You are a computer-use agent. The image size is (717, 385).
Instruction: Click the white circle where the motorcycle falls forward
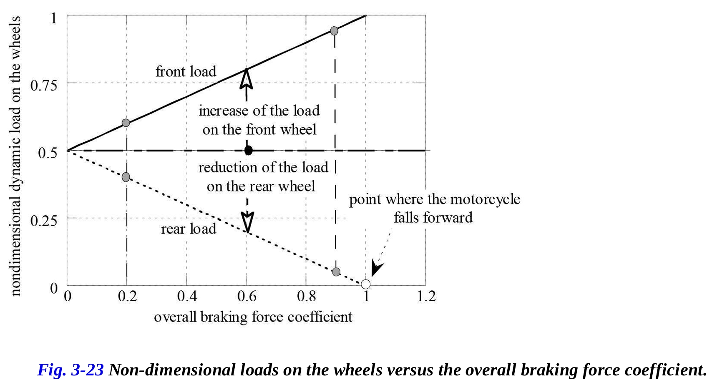pyautogui.click(x=365, y=284)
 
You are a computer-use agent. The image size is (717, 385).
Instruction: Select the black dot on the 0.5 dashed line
pyautogui.click(x=249, y=150)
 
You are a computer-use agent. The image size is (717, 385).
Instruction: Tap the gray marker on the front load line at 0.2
pyautogui.click(x=126, y=123)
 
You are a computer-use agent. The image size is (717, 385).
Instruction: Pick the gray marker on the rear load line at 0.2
pyautogui.click(x=126, y=177)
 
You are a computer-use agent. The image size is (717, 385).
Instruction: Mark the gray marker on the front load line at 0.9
pyautogui.click(x=334, y=31)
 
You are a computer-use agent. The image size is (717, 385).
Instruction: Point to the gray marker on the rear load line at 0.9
pyautogui.click(x=336, y=272)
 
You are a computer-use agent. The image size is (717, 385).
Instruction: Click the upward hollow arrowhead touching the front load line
pyautogui.click(x=247, y=78)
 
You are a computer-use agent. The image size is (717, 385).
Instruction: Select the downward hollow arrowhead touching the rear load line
pyautogui.click(x=248, y=222)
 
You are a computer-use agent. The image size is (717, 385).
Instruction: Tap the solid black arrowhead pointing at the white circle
pyautogui.click(x=376, y=269)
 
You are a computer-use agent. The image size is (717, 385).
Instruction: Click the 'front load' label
pyautogui.click(x=186, y=72)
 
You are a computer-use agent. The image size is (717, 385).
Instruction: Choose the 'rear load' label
pyautogui.click(x=189, y=229)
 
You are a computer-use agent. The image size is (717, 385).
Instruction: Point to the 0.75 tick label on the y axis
pyautogui.click(x=44, y=86)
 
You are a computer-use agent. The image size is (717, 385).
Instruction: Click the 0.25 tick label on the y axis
pyautogui.click(x=44, y=220)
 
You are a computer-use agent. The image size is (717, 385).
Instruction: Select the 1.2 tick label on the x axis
pyautogui.click(x=426, y=297)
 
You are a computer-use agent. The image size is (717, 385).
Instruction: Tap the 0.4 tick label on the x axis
pyautogui.click(x=187, y=297)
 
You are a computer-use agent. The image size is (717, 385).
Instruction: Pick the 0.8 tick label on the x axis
pyautogui.click(x=307, y=297)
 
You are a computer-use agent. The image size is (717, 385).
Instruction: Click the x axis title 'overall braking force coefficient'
pyautogui.click(x=253, y=317)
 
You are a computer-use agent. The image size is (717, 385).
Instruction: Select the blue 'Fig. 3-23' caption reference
pyautogui.click(x=70, y=370)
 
